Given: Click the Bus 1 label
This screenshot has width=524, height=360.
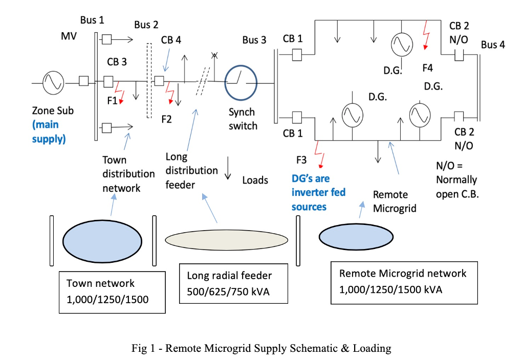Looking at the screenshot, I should point(92,20).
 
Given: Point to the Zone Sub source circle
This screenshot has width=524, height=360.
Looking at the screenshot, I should point(53,82).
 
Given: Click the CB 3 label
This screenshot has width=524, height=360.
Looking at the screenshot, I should point(117,62).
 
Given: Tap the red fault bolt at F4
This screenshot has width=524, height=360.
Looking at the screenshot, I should point(425,36).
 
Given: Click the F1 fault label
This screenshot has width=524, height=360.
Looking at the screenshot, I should point(112,101).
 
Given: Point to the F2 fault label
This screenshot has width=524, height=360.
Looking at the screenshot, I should point(166,120).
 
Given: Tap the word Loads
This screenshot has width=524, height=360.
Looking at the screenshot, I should point(255,180).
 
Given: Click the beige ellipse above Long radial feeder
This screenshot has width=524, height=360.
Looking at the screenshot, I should point(225,238).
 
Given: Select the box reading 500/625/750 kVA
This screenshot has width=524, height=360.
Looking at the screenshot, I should point(229,284).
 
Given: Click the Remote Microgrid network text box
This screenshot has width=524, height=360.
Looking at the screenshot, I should point(404,282).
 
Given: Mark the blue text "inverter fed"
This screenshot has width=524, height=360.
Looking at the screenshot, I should point(318,192).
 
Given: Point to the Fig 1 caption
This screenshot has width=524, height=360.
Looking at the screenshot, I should point(261,348).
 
